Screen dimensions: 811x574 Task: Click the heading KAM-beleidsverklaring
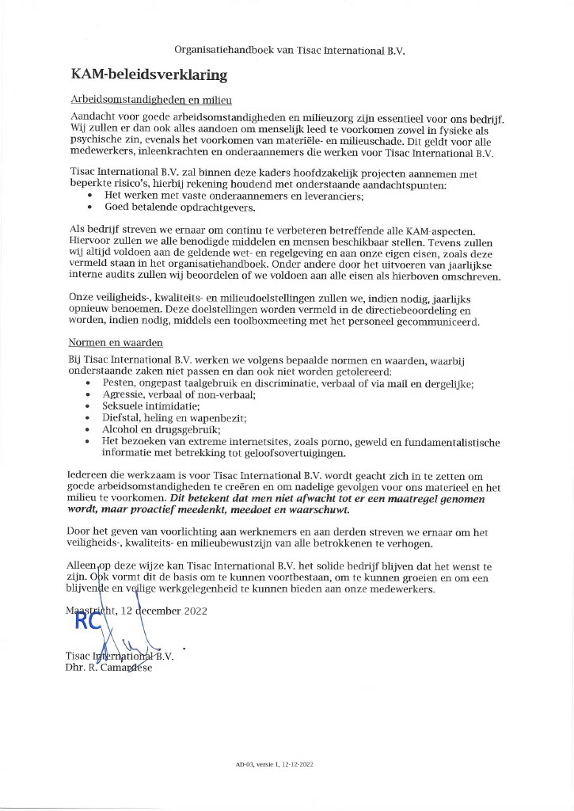coord(149,76)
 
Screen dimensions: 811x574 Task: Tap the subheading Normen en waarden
coord(116,344)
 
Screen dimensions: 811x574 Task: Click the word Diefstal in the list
coord(124,417)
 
